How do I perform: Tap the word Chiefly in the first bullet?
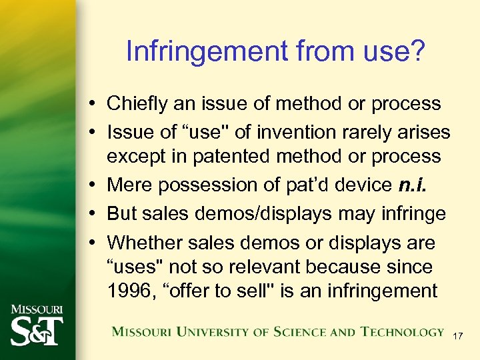(x=132, y=104)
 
